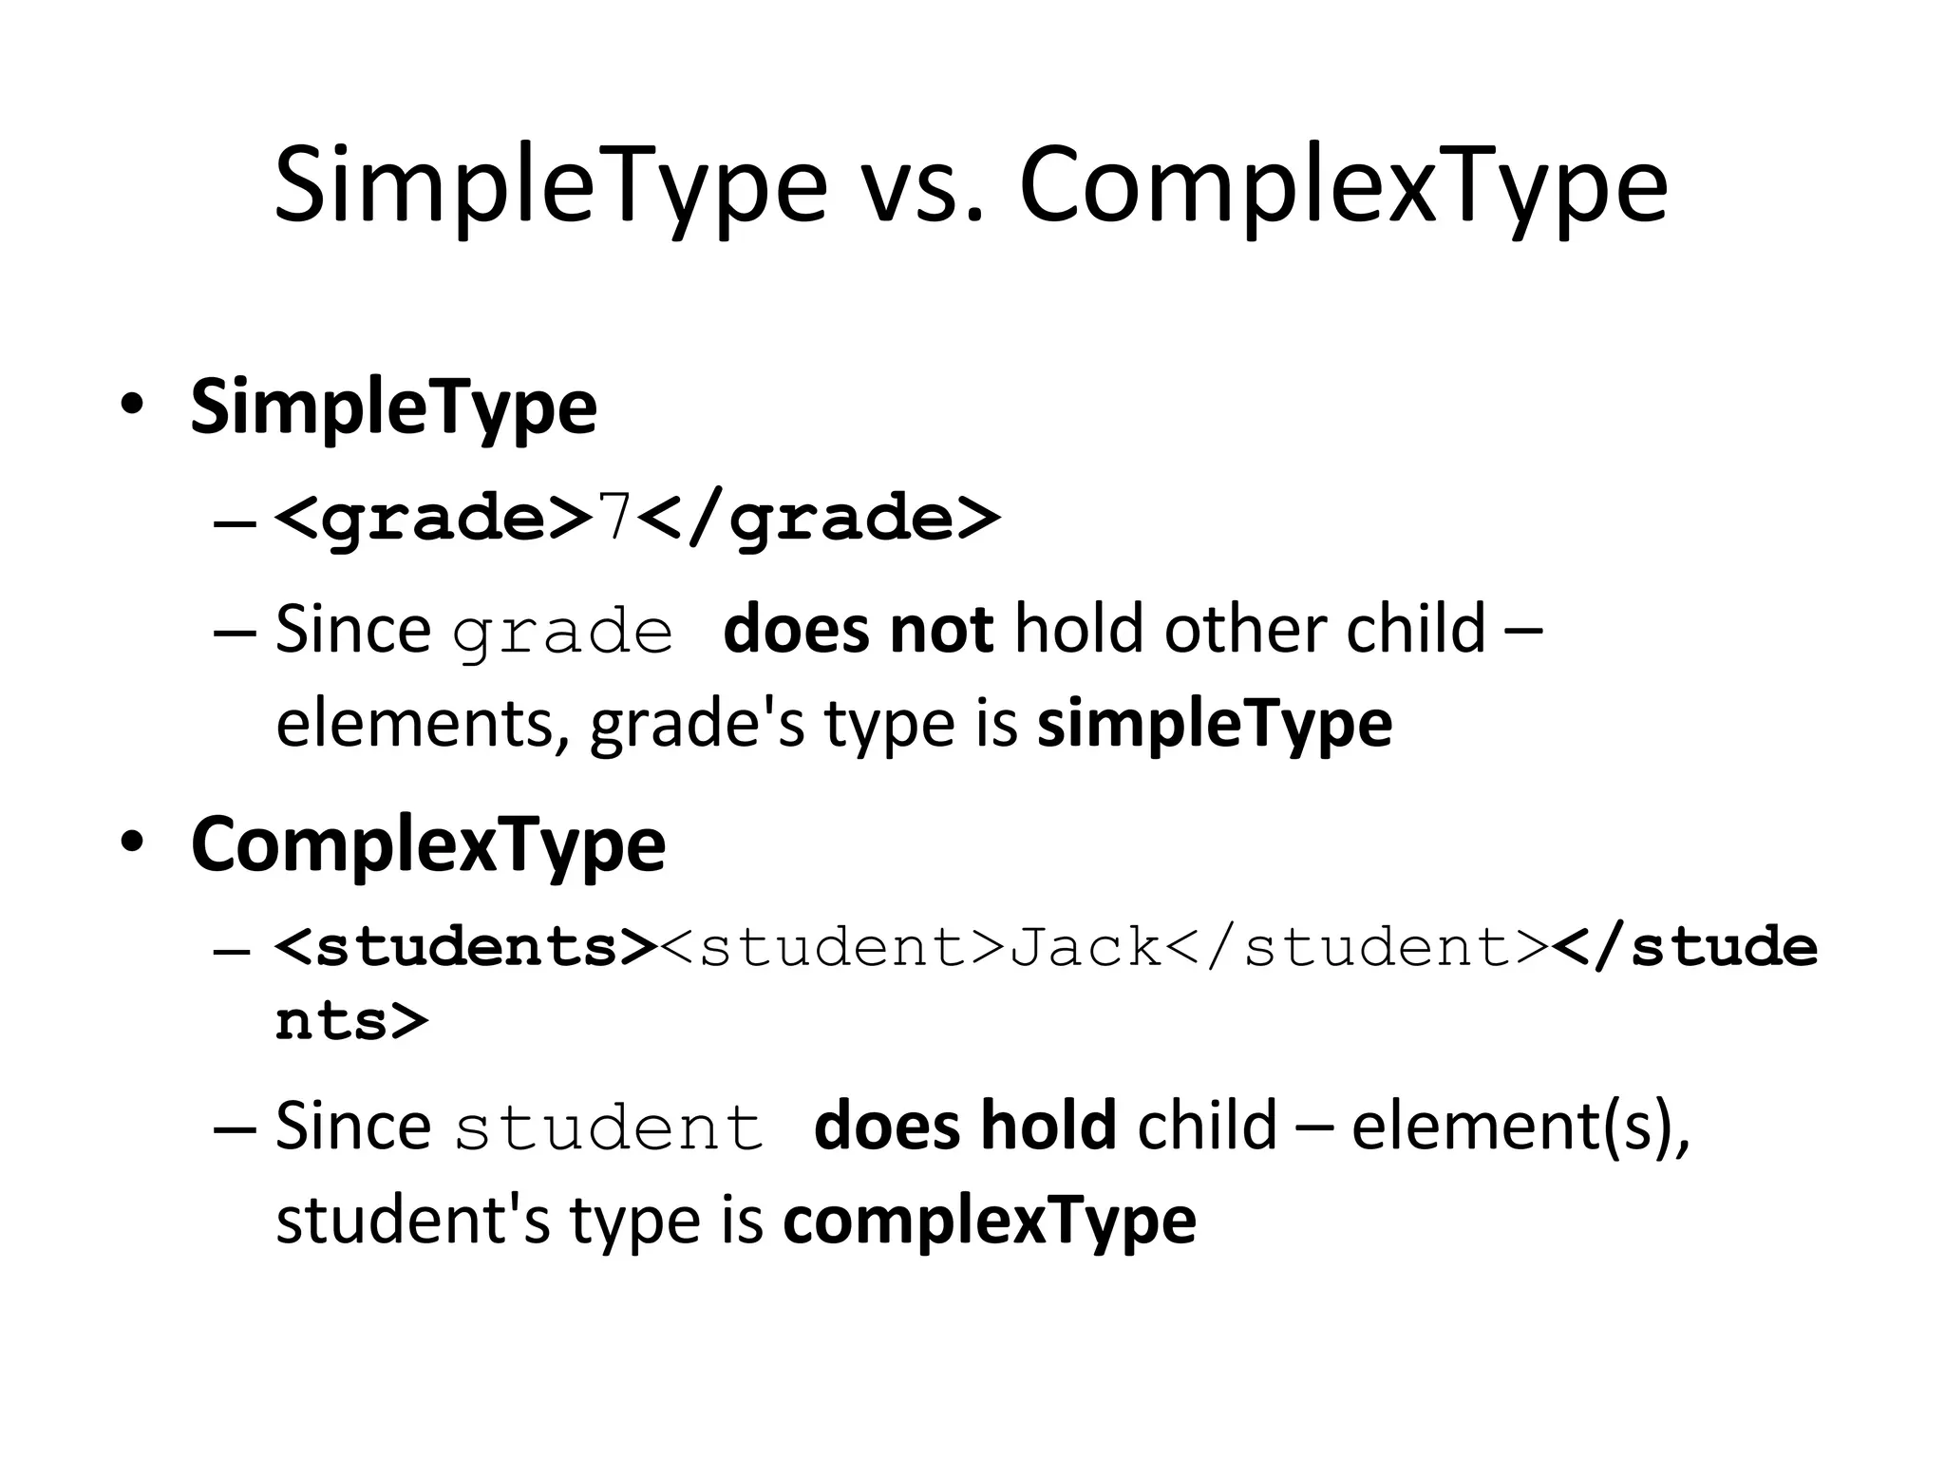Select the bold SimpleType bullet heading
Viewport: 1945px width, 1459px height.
click(x=393, y=408)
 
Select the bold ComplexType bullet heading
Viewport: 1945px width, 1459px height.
click(x=428, y=845)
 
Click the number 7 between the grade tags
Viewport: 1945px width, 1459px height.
click(x=614, y=518)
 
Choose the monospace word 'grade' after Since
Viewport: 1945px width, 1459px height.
click(x=562, y=635)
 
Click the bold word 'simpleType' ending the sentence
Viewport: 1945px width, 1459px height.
click(x=1215, y=724)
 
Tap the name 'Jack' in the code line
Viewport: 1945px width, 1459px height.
click(x=1086, y=947)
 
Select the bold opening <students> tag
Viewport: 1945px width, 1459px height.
click(x=465, y=947)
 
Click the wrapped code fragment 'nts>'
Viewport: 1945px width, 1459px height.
click(x=351, y=1021)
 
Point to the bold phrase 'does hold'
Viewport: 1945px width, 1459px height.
click(x=965, y=1126)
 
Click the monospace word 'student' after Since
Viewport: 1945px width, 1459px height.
click(x=609, y=1128)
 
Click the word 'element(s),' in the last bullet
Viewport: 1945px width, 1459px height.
click(x=1520, y=1126)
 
